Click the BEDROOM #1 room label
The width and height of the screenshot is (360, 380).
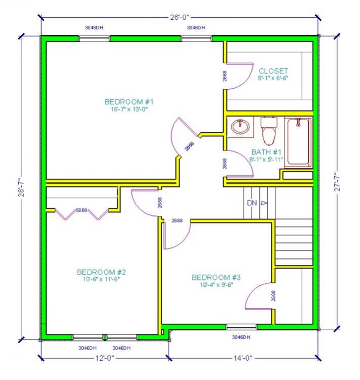coord(129,102)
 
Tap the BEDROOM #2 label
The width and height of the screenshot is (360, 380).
coord(101,272)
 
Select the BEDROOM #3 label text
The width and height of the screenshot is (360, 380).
coord(216,277)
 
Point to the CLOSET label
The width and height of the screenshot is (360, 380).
coord(273,71)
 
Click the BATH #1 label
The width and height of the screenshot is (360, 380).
coord(266,152)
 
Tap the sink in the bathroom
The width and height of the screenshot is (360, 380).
coord(240,127)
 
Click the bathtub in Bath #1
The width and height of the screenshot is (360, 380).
coord(298,142)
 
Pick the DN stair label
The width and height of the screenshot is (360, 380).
coord(252,203)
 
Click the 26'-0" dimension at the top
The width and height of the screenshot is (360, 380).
coord(179,17)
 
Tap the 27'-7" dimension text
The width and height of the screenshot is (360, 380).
coord(338,182)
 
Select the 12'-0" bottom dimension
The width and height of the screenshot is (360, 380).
coord(104,358)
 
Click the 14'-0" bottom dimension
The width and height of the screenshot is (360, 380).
coord(243,358)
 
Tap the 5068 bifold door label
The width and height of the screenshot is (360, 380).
coord(82,210)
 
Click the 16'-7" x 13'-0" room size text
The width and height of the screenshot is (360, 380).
coord(129,109)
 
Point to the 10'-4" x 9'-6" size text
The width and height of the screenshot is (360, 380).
coord(217,285)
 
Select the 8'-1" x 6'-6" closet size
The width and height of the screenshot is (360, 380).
coord(273,78)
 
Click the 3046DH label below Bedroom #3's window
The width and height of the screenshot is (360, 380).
coord(241,337)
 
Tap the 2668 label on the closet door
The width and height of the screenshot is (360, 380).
coord(225,76)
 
